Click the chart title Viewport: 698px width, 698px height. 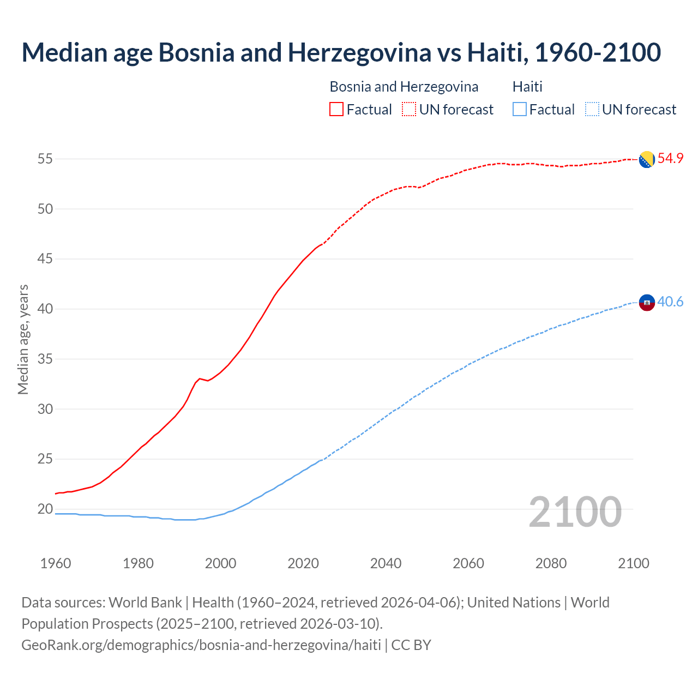341,52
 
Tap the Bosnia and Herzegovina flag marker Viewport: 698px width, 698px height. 647,159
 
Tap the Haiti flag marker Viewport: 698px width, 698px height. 647,303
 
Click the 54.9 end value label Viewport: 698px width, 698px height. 670,159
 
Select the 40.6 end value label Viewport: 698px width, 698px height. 670,302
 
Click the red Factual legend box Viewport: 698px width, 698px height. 336,110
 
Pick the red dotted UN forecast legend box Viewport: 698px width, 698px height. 409,110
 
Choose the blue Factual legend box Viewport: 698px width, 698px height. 520,110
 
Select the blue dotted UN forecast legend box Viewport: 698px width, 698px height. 592,110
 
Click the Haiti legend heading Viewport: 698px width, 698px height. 527,87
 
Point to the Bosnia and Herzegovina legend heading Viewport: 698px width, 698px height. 404,87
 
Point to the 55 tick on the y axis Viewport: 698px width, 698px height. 45,159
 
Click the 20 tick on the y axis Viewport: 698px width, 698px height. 45,509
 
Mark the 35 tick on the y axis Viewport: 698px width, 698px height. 45,359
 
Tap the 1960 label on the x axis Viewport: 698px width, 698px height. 56,563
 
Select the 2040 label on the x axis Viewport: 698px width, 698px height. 386,563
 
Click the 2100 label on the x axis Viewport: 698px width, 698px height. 633,563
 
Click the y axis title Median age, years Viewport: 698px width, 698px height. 23,339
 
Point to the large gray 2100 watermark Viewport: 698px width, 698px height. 575,512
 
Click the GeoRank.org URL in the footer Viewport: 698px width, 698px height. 201,645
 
